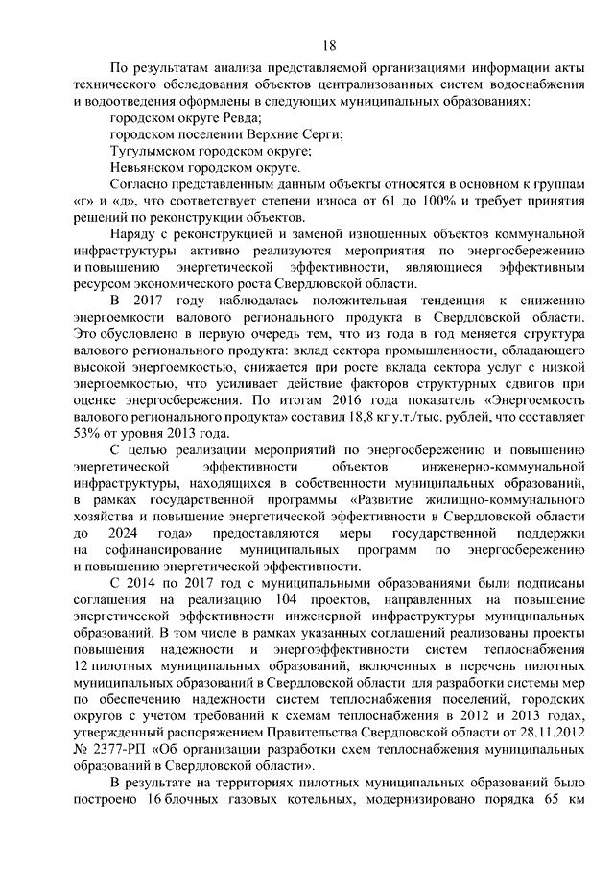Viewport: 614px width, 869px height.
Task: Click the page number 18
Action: [x=328, y=45]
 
